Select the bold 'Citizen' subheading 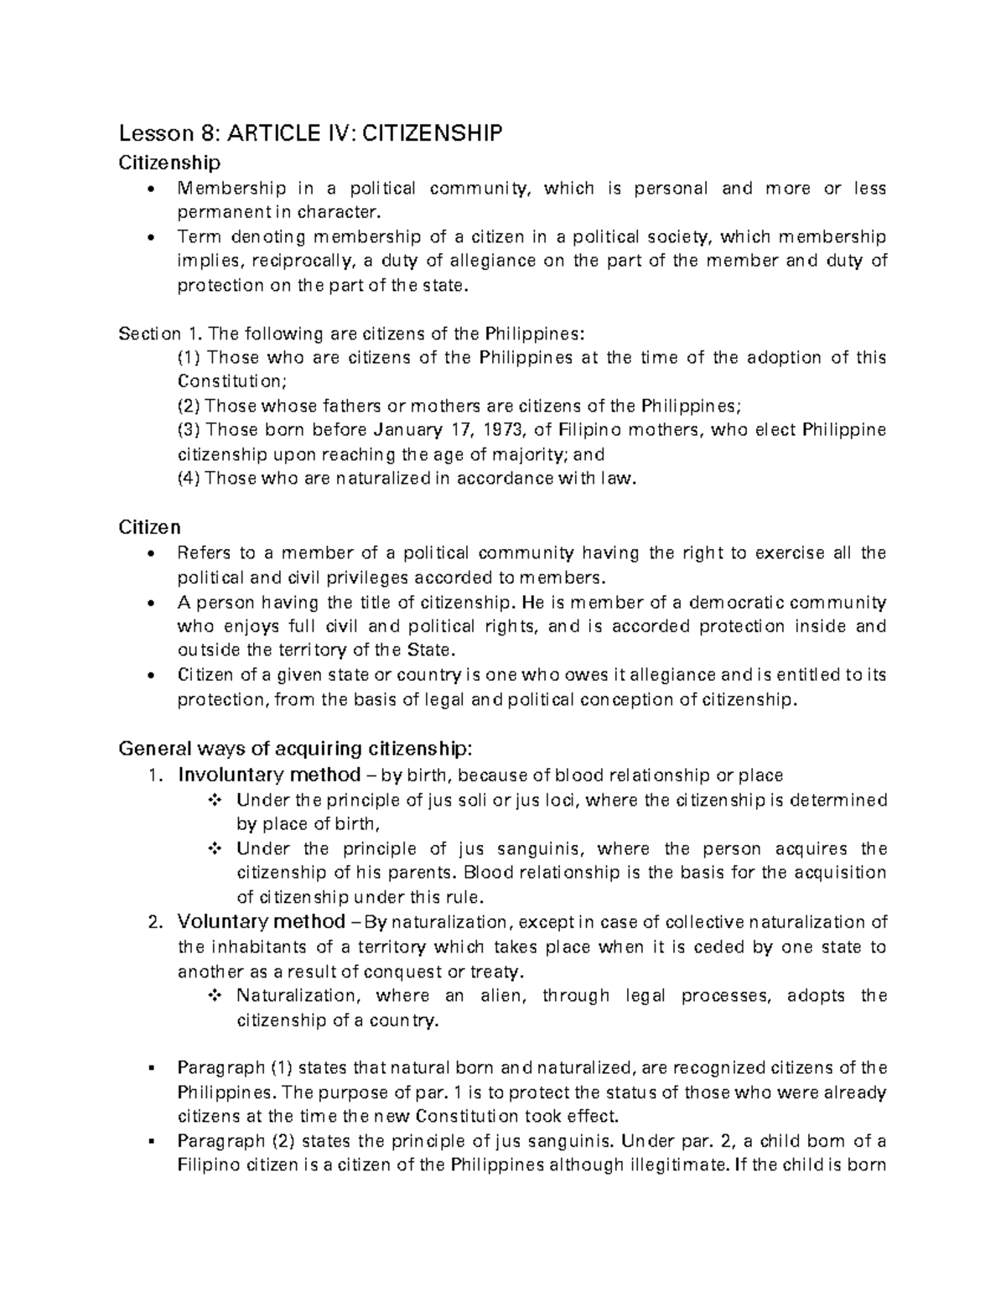(x=149, y=527)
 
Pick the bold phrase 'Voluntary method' (x=262, y=922)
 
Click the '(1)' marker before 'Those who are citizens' (x=189, y=357)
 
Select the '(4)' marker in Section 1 (x=189, y=479)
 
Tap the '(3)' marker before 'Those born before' (x=189, y=430)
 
